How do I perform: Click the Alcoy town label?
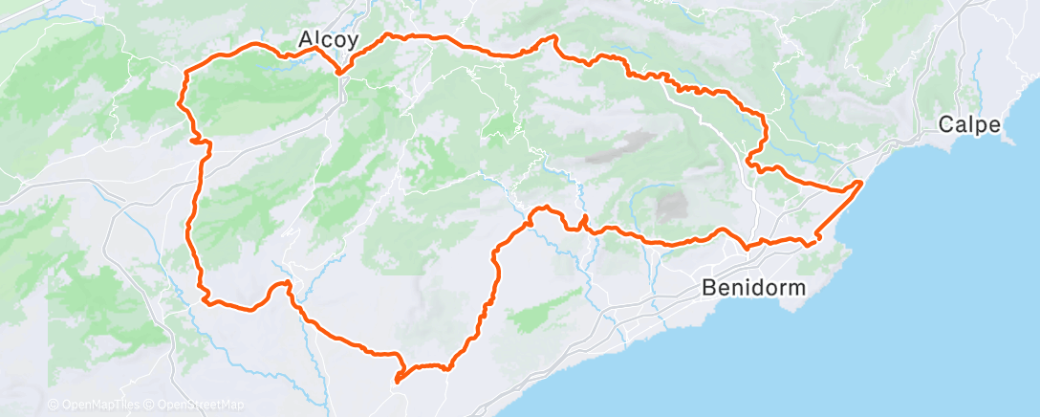click(x=328, y=39)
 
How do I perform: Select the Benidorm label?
click(x=753, y=287)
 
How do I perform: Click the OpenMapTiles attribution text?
click(x=97, y=406)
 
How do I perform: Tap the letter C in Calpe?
click(x=945, y=123)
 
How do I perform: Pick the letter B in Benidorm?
click(x=708, y=287)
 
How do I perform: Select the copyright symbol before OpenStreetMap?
click(x=150, y=406)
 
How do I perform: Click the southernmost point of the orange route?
click(x=395, y=383)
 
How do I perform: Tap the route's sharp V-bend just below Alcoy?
click(x=338, y=72)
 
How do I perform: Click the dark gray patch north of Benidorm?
click(x=672, y=205)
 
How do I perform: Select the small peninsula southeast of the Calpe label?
click(x=1007, y=140)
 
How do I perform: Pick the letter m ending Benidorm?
click(x=796, y=287)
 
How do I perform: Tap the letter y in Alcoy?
click(x=353, y=42)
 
